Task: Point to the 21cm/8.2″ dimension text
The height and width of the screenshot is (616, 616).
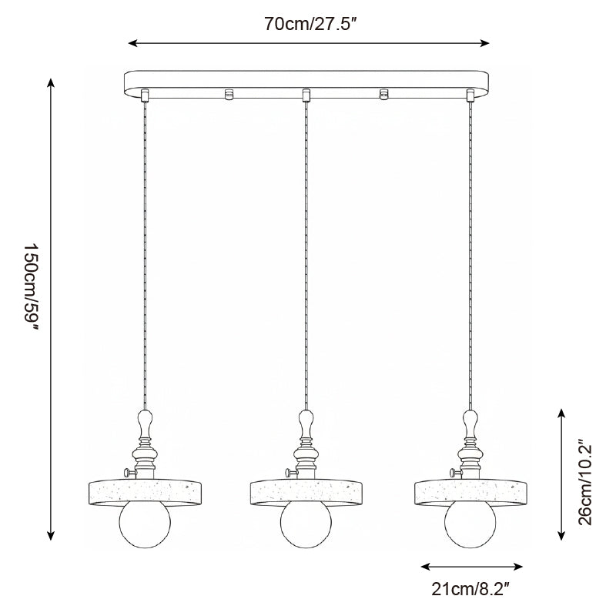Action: pos(472,590)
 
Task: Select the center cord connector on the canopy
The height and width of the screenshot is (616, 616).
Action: pos(306,95)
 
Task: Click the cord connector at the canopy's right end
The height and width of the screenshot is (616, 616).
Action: pos(470,95)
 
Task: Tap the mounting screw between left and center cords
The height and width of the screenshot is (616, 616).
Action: pos(228,95)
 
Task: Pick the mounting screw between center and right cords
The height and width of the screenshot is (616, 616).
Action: pos(383,95)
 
